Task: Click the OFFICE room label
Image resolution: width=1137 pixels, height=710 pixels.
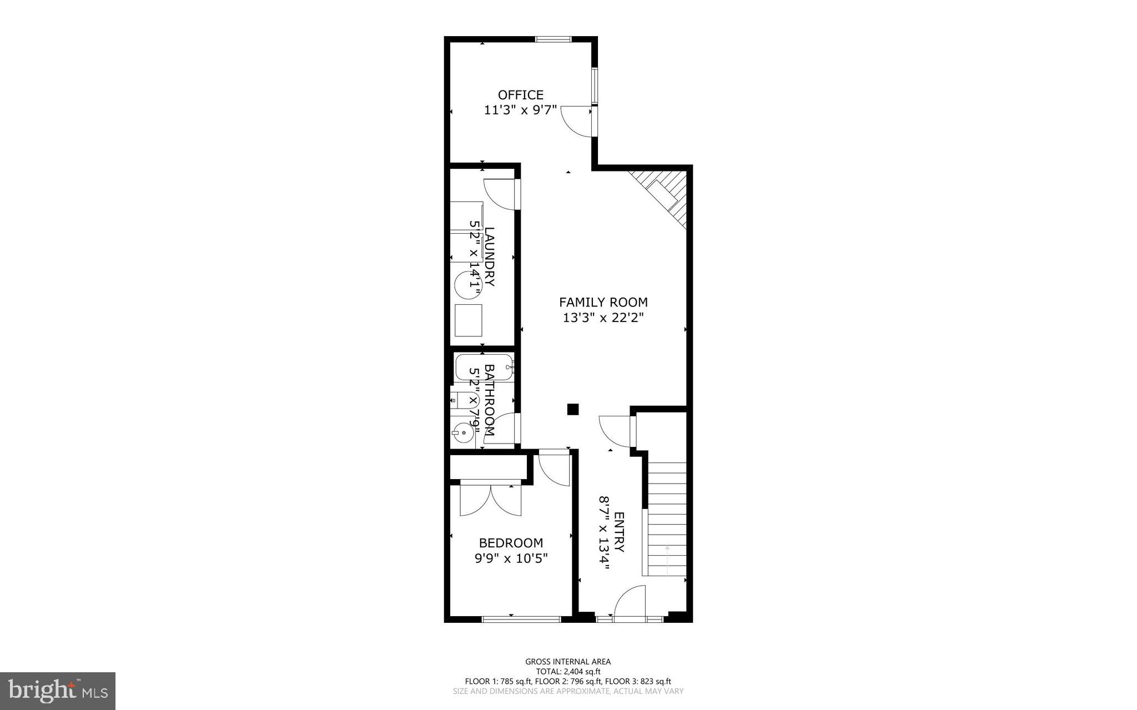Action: pyautogui.click(x=520, y=95)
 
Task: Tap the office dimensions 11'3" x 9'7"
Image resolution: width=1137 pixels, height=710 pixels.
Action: pyautogui.click(x=520, y=110)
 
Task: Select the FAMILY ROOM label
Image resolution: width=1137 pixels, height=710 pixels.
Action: pyautogui.click(x=603, y=303)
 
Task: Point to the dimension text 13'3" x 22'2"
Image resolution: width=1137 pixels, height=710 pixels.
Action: pyautogui.click(x=603, y=318)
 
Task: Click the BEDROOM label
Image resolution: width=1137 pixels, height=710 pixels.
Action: pyautogui.click(x=511, y=543)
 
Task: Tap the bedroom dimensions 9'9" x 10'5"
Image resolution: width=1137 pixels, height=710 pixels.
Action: pyautogui.click(x=511, y=558)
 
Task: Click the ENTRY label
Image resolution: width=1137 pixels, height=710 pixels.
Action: pyautogui.click(x=620, y=532)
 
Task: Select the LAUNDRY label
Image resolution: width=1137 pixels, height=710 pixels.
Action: pyautogui.click(x=489, y=256)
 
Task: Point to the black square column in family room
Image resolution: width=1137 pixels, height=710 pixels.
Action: pyautogui.click(x=573, y=410)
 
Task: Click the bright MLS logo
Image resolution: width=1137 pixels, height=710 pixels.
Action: pyautogui.click(x=57, y=691)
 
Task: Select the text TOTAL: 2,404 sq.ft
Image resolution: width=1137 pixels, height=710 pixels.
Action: pyautogui.click(x=568, y=671)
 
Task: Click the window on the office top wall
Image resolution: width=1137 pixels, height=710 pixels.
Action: pyautogui.click(x=553, y=39)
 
